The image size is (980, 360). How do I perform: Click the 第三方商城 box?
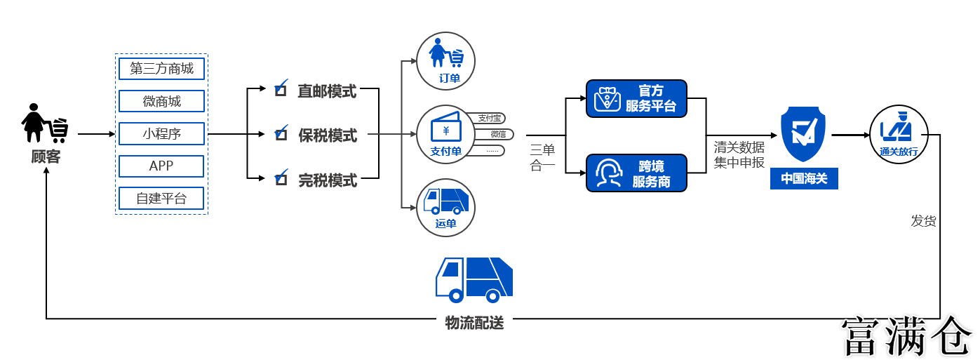[161, 68]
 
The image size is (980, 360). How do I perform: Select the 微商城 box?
[161, 101]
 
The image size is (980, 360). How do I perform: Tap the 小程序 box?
[161, 133]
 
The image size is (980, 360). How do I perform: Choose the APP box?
[161, 166]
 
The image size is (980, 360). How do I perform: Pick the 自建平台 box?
[161, 199]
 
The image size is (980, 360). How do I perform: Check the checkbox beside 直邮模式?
[281, 89]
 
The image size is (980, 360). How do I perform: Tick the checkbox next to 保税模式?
[281, 133]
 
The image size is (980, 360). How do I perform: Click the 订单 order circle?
[446, 60]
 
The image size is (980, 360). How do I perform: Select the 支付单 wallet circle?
[446, 134]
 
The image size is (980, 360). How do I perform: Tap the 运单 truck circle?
[446, 208]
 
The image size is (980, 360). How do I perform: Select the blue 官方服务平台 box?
[636, 98]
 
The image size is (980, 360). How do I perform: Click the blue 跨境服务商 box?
[636, 173]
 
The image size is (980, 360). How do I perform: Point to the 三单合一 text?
[542, 158]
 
